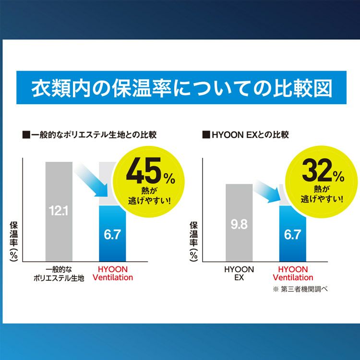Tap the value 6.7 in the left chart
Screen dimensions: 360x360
[112, 235]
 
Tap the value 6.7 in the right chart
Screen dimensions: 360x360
[292, 235]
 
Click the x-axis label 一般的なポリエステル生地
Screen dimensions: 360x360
[59, 273]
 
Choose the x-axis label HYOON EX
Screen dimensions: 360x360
[239, 273]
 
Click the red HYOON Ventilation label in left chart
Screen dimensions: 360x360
[113, 273]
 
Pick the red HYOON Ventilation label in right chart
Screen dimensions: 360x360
[293, 273]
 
